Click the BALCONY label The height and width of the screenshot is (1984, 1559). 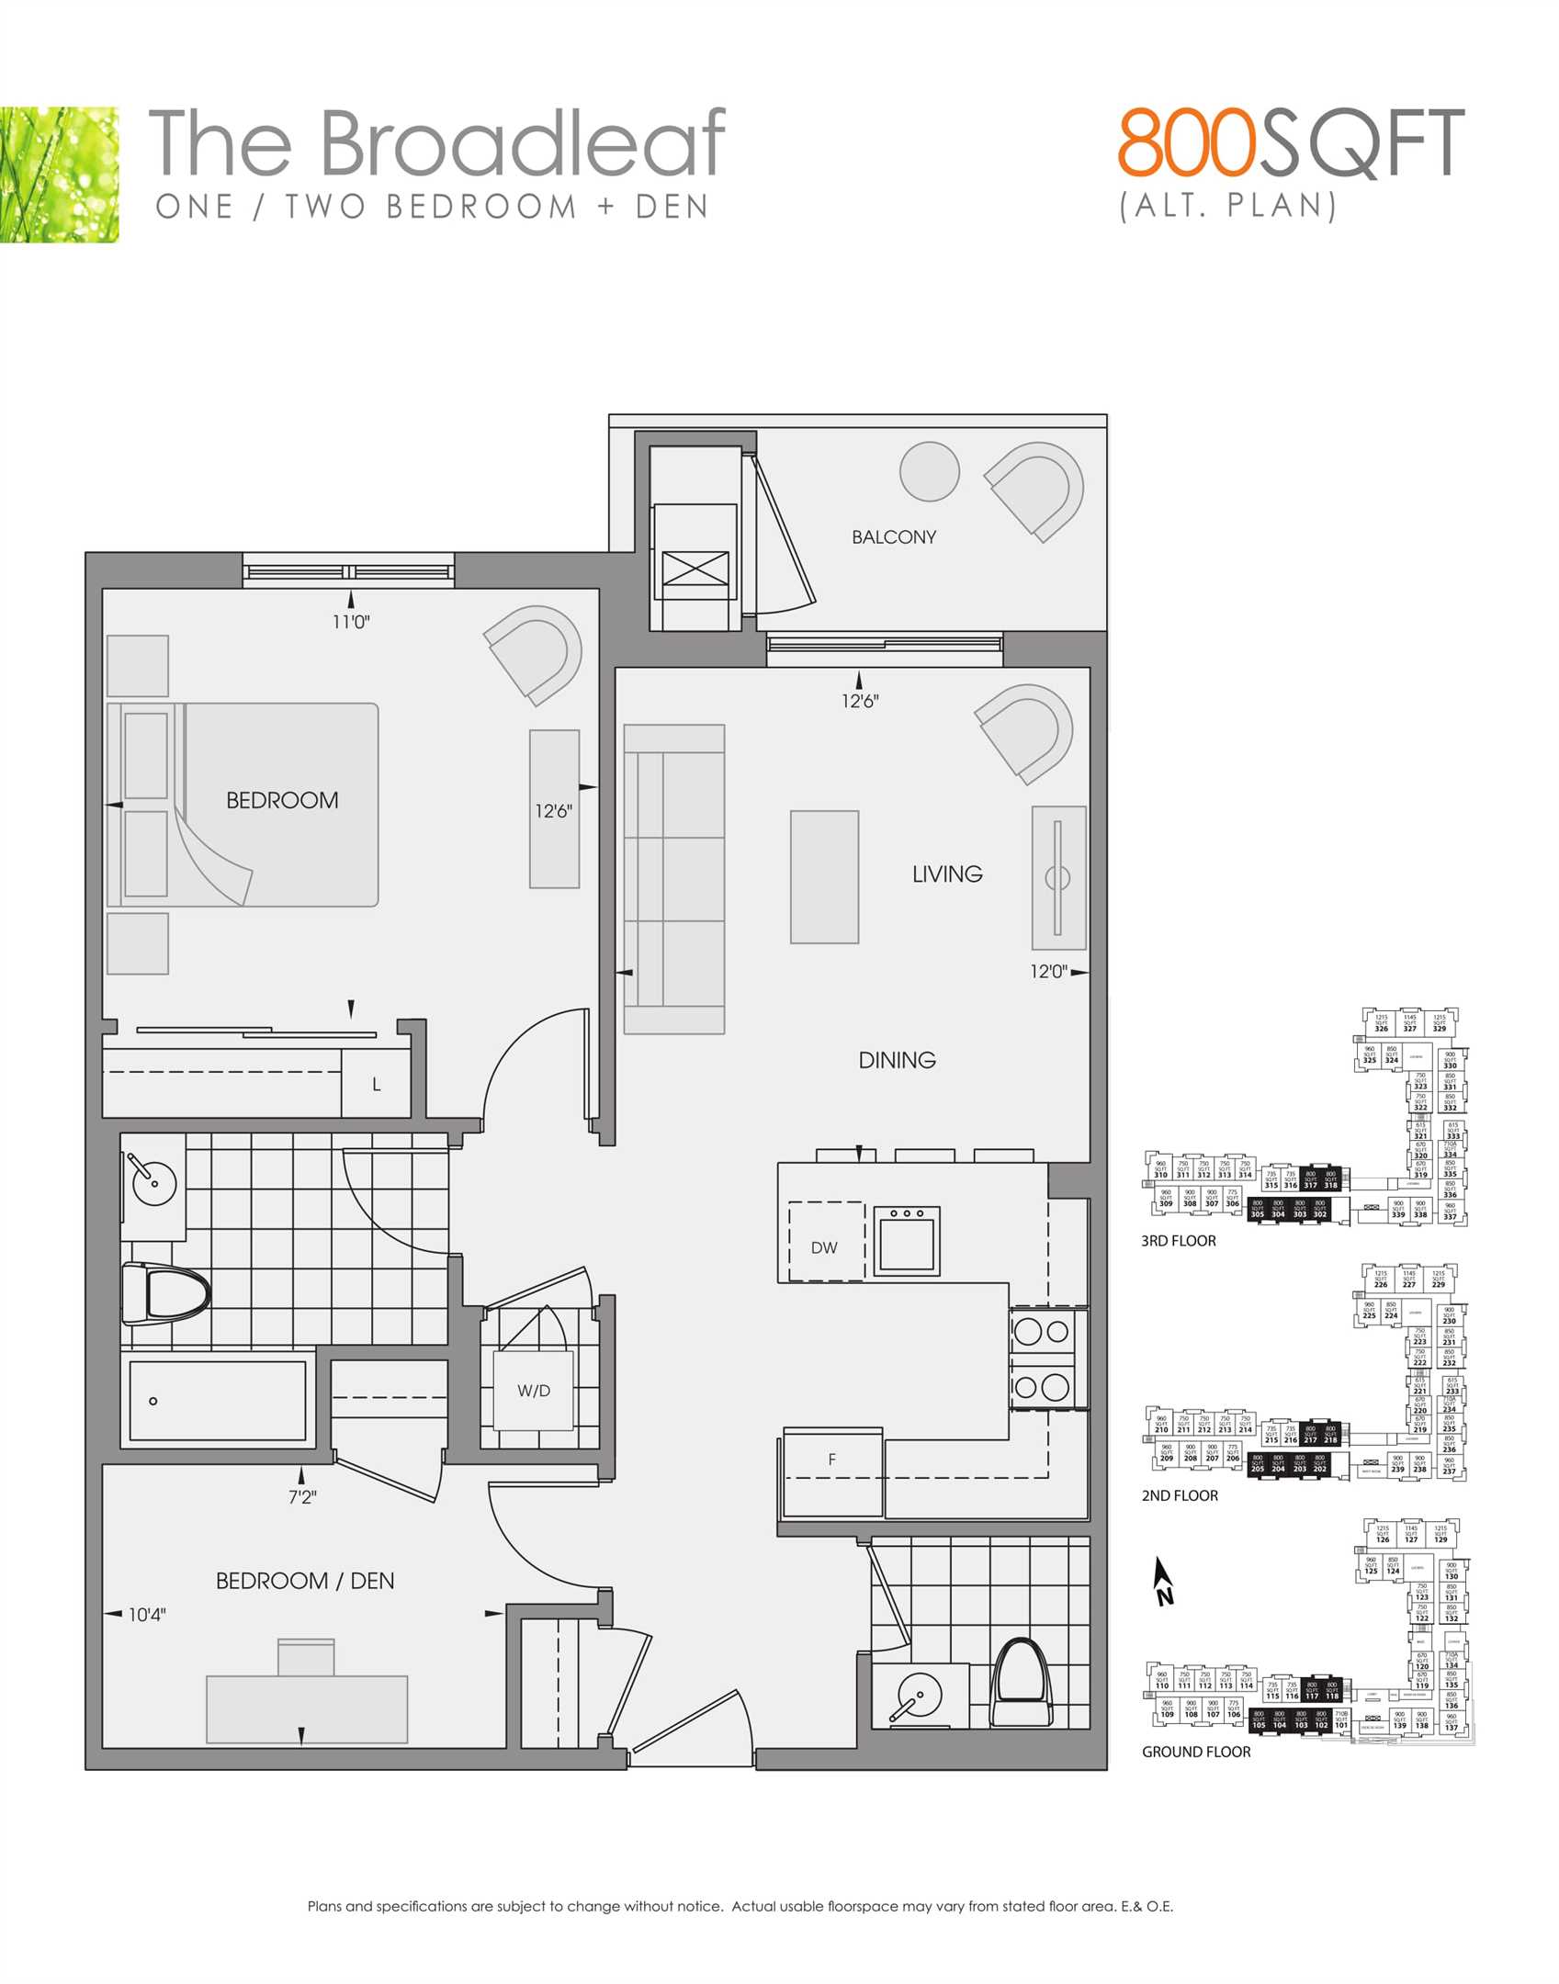click(893, 537)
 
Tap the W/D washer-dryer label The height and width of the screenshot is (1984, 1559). click(534, 1391)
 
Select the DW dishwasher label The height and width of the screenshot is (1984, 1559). click(824, 1247)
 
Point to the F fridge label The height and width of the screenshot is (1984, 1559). click(832, 1459)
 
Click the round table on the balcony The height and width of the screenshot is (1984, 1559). click(930, 471)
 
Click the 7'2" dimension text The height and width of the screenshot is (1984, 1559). click(302, 1497)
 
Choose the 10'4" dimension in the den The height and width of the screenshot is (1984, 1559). click(147, 1614)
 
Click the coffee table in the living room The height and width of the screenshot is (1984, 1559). click(824, 876)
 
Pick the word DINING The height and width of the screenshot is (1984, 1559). click(897, 1060)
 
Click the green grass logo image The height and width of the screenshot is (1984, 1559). click(59, 175)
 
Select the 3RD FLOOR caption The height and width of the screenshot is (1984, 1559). click(1178, 1241)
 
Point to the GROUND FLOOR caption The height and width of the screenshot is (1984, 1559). click(1196, 1752)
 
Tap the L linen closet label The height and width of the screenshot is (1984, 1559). click(377, 1085)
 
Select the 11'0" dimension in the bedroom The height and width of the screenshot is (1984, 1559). click(351, 622)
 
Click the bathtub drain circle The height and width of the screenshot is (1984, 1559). click(153, 1401)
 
